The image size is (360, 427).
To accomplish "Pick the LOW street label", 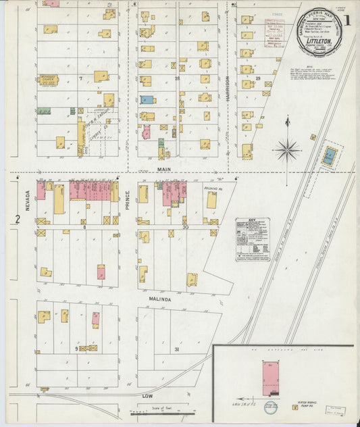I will point(148,394).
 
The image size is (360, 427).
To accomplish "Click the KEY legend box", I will point(252,238).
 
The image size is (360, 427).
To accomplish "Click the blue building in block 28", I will point(147,99).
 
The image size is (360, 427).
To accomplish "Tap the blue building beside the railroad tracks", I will point(330,157).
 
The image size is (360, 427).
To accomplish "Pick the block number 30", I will point(184,228).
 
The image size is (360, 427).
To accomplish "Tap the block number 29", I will point(258,79).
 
